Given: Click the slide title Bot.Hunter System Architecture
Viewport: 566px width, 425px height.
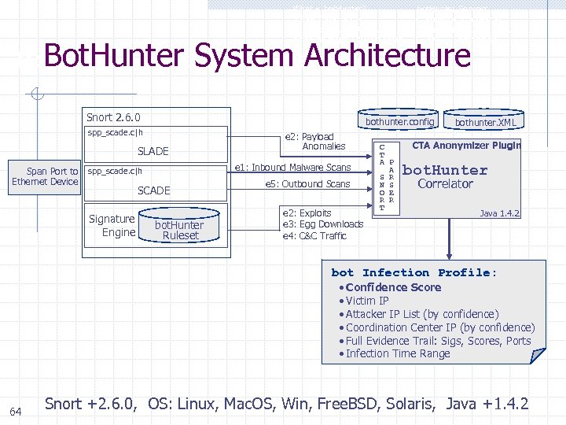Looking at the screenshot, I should [257, 57].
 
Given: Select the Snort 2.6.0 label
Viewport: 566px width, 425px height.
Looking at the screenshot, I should [113, 117].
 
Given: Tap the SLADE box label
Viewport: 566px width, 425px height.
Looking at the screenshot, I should [153, 151].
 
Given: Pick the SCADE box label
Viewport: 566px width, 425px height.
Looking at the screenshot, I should [153, 190].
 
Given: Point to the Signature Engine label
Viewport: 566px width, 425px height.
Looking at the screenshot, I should [112, 226].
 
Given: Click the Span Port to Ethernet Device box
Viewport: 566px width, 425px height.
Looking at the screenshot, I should [45, 176].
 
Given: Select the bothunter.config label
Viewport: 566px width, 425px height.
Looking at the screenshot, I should [399, 122].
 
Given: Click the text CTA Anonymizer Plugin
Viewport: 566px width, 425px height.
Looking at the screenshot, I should [466, 145].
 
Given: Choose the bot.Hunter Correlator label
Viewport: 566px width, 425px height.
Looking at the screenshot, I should [445, 176].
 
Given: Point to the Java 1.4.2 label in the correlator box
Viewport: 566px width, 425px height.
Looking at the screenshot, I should [499, 213].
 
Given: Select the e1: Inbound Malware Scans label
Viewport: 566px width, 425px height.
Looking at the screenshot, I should [293, 167].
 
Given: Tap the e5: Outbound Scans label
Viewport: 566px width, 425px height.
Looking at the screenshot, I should [307, 184].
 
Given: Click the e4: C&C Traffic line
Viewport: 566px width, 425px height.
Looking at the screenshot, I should [314, 236].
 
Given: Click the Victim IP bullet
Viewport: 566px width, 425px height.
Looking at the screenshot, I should [367, 301].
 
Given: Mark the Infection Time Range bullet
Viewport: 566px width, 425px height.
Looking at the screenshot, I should [398, 353].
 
